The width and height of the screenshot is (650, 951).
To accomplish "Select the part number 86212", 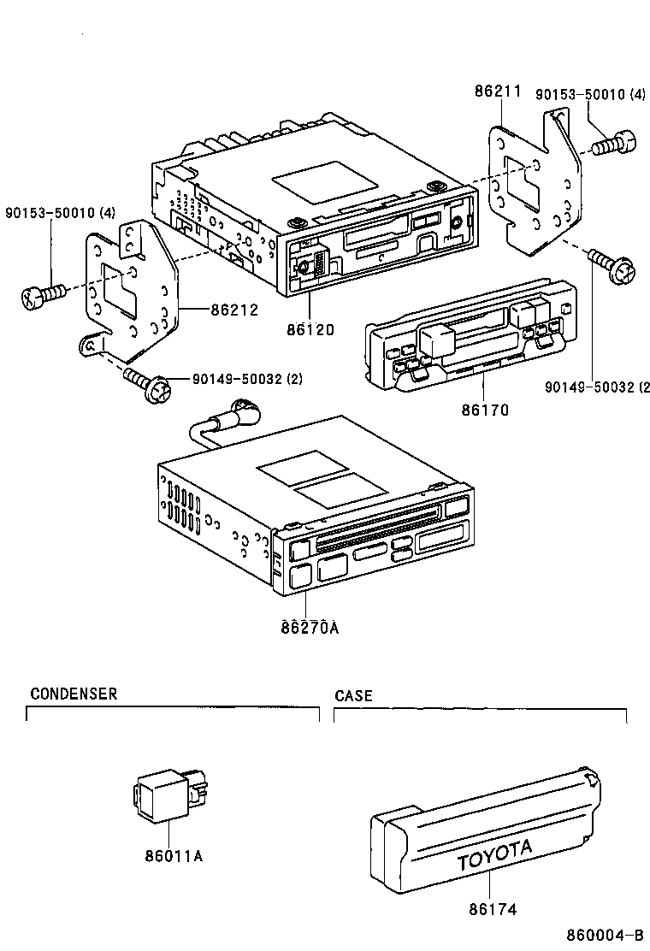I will coord(233,310).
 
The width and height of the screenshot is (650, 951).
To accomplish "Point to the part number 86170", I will coord(485,411).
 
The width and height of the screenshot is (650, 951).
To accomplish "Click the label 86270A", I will coord(309,629).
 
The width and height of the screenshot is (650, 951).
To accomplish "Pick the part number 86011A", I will coord(174,855).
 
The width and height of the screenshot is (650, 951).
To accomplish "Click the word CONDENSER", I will coord(74,694).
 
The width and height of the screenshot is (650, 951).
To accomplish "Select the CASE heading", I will coord(353,695).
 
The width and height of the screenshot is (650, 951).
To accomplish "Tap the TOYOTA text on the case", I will coord(493,856).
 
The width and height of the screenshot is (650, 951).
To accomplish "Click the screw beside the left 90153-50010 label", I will coord(43,296).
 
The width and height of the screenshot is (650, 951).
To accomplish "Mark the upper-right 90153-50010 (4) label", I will coord(590,95).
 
